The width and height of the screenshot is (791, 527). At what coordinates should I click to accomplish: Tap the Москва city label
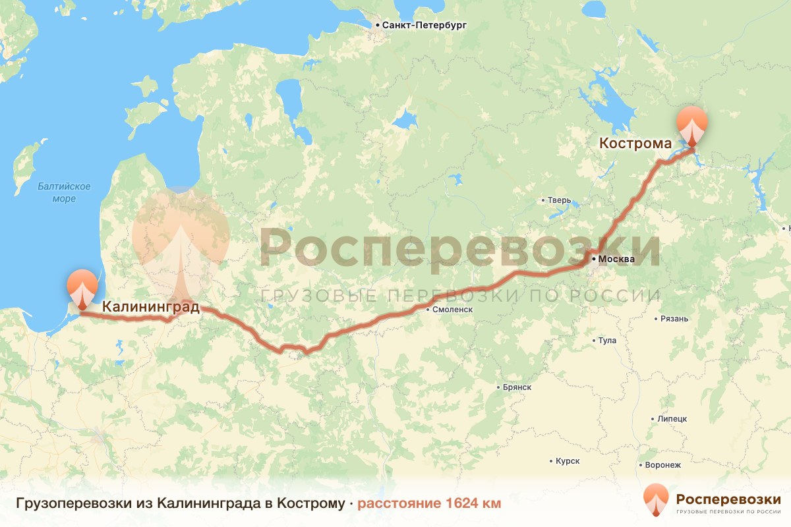point(616,259)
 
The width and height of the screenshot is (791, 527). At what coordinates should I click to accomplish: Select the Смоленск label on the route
point(453,309)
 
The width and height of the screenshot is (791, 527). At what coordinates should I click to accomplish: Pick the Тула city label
point(606,341)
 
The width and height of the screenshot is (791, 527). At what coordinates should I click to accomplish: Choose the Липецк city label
point(672,418)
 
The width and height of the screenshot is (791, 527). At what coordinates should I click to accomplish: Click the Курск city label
point(567,461)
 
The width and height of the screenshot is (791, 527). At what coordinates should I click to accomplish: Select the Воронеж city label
point(662,464)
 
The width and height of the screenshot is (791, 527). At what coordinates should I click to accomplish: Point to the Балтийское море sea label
point(64,192)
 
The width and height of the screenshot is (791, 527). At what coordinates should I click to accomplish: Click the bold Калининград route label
point(150,306)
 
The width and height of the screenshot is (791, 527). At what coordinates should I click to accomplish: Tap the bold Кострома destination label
point(635,143)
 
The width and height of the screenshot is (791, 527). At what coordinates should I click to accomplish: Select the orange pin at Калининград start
point(82,287)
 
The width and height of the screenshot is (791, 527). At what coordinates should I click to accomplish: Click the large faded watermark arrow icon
point(181,240)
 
